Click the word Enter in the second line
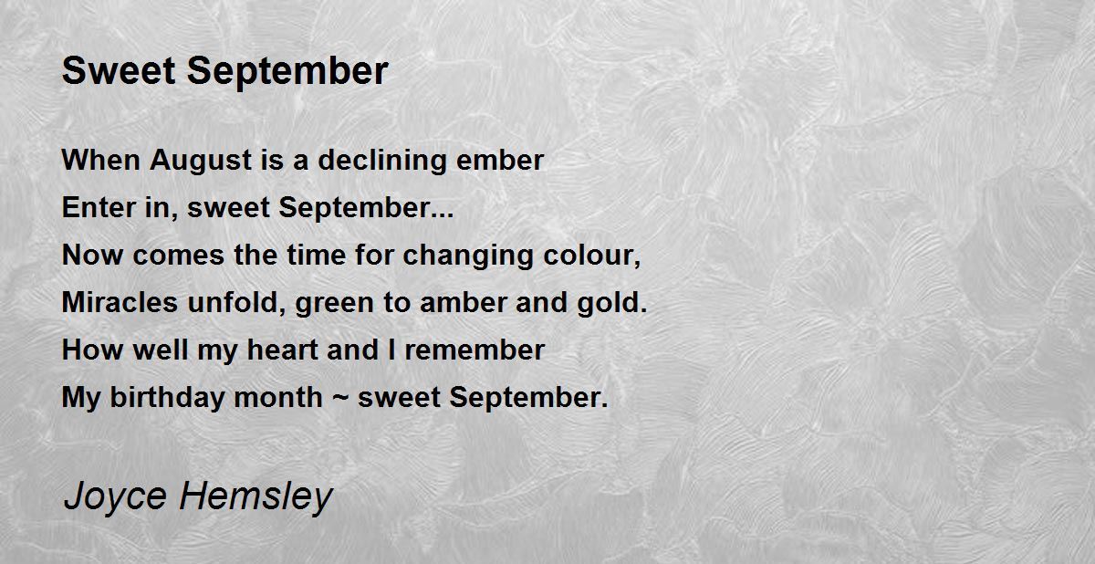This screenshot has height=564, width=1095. click(92, 208)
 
